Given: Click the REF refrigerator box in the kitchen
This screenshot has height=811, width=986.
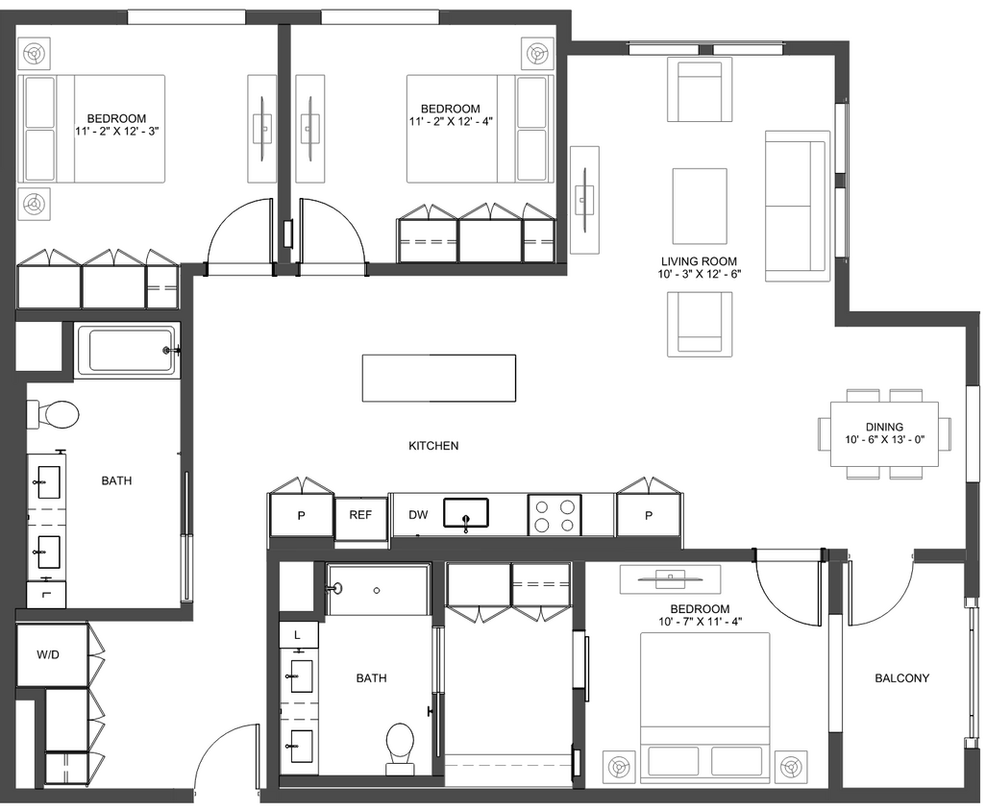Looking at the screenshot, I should tap(360, 515).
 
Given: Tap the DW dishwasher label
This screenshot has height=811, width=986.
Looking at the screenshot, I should tap(418, 515).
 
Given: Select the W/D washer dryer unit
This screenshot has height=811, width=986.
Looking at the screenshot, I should tap(48, 655).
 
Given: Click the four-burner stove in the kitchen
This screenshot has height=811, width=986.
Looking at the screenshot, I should tap(555, 514).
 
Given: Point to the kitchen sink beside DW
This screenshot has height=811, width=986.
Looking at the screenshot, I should tap(466, 513).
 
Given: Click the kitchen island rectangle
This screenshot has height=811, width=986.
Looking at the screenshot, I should tap(438, 378).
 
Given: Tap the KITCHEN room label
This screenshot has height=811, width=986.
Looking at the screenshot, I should tap(433, 446).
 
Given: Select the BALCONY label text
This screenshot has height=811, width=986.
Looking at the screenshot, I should tap(901, 678).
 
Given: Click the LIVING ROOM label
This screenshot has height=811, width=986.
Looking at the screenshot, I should tap(699, 261).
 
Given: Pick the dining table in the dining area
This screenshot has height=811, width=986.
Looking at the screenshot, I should tap(884, 433).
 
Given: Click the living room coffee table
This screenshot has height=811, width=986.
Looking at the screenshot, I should tap(699, 206).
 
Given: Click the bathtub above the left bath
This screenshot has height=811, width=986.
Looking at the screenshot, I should tap(127, 350).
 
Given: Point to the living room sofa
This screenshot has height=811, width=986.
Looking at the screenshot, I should tap(797, 206).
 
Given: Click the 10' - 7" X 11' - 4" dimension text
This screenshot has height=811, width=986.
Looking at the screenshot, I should tap(700, 623).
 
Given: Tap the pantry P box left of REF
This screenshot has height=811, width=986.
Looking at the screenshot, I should tap(301, 516).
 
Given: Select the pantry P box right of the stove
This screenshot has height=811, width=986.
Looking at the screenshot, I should tap(649, 516).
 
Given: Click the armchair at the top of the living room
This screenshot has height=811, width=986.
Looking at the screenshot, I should tap(700, 88).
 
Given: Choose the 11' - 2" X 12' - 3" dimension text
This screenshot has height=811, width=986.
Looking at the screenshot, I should tap(115, 132).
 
